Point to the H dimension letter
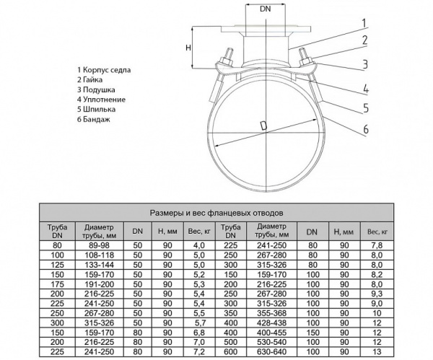tap(188, 48)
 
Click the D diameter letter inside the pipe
tap(263, 127)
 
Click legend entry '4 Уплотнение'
tap(102, 99)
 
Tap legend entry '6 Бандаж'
tap(96, 119)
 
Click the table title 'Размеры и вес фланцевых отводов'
tap(216, 214)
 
